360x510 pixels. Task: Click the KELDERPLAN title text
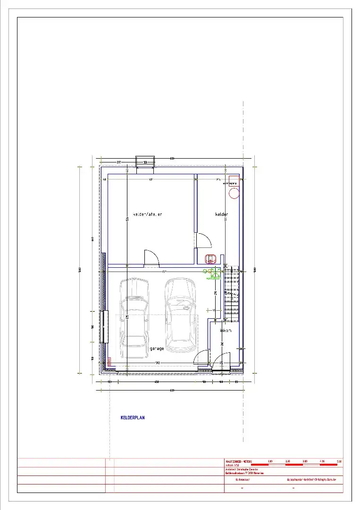coord(133,417)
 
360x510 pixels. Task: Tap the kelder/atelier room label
coord(148,214)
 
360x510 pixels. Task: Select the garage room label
coord(157,348)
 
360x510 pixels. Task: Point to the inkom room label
coord(226,331)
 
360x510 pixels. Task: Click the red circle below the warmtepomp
coord(233,192)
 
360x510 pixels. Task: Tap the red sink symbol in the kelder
coord(210,258)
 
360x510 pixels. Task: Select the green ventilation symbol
coord(213,272)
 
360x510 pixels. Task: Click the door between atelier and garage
coord(151,257)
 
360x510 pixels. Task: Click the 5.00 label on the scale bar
coord(338,461)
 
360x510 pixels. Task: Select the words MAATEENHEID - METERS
coord(239,461)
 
